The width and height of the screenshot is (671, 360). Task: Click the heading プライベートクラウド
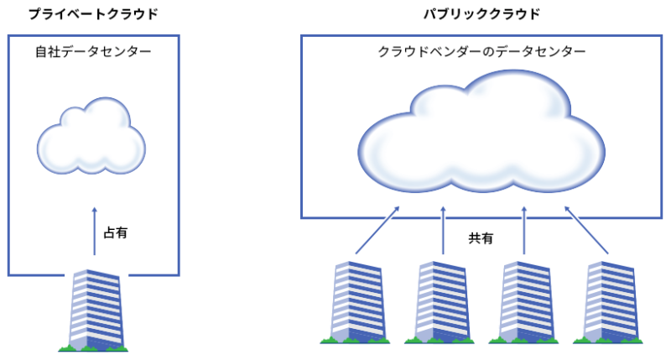tap(93, 14)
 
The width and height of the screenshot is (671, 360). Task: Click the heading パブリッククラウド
tap(481, 14)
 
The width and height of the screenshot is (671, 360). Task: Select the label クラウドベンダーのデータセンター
tap(481, 52)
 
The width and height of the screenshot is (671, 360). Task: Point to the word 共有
tap(481, 238)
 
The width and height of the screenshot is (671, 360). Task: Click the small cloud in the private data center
tap(88, 136)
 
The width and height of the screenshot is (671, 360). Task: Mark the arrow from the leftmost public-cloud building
tap(375, 228)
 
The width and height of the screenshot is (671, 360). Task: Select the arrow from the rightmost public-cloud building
tap(586, 228)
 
